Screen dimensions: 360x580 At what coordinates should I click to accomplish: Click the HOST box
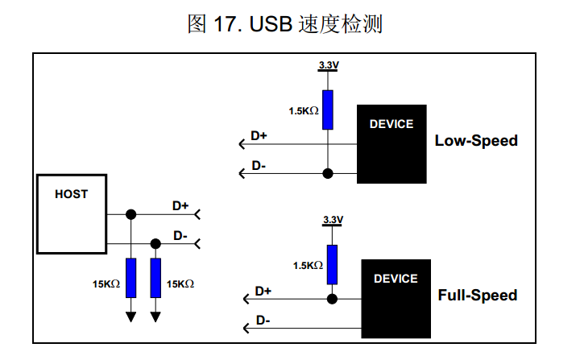(x=72, y=213)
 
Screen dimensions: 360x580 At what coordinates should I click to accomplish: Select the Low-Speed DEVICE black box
(x=391, y=144)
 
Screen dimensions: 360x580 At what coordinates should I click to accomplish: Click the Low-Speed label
(x=476, y=141)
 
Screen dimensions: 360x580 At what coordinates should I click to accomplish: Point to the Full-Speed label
(x=478, y=296)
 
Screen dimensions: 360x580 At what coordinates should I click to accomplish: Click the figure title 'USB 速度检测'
(x=284, y=24)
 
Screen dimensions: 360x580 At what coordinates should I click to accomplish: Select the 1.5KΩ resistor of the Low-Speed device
(x=327, y=110)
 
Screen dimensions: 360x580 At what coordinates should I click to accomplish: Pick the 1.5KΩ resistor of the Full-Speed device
(x=331, y=264)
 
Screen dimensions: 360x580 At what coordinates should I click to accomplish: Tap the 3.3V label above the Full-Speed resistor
(x=332, y=220)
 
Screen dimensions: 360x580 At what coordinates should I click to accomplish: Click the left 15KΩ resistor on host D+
(x=131, y=278)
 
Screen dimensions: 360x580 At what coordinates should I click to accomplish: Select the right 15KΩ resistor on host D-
(x=156, y=278)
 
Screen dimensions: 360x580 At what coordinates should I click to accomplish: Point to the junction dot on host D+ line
(x=131, y=214)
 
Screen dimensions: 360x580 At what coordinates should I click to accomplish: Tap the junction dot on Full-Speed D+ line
(x=331, y=299)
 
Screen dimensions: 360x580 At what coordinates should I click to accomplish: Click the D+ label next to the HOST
(x=180, y=206)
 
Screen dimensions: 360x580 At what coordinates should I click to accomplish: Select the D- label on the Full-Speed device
(x=263, y=320)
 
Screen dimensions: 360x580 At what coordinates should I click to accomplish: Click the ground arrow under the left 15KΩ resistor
(x=131, y=317)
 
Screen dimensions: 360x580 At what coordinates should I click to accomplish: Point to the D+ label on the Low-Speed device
(x=259, y=135)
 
